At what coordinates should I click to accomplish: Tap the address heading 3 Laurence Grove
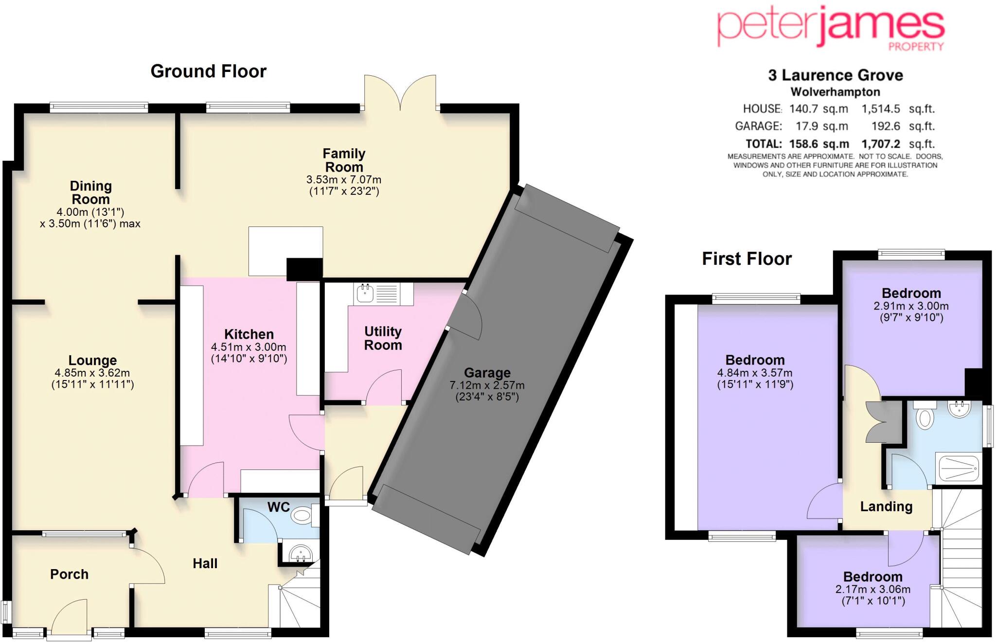click(x=835, y=75)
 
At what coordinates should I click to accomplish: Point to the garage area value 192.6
click(x=886, y=126)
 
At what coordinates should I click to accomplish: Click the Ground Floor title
click(x=208, y=71)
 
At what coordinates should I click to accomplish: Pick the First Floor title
click(x=747, y=259)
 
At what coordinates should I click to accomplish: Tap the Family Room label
click(x=344, y=160)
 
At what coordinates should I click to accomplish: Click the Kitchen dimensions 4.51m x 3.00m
click(x=249, y=347)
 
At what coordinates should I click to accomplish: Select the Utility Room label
click(x=383, y=338)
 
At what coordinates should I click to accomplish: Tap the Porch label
click(x=69, y=574)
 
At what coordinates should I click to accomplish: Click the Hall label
click(x=205, y=563)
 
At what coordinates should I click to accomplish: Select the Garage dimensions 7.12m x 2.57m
click(x=487, y=385)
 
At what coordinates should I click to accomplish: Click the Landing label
click(x=886, y=506)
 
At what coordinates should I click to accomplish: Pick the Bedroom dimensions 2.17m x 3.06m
click(x=873, y=589)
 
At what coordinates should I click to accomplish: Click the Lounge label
click(x=92, y=360)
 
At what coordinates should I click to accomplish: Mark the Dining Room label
click(x=90, y=192)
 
